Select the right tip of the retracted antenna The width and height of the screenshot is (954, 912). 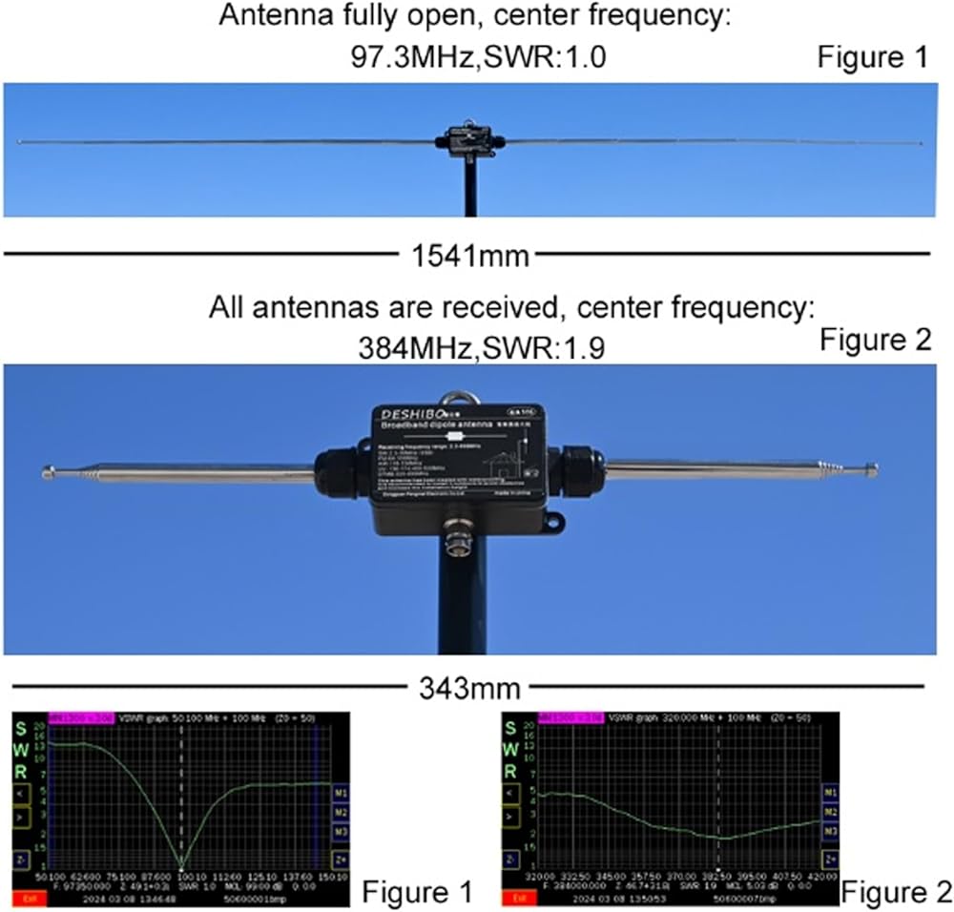872,468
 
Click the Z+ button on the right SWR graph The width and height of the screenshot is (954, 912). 831,860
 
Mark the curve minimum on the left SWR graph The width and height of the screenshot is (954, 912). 182,861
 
